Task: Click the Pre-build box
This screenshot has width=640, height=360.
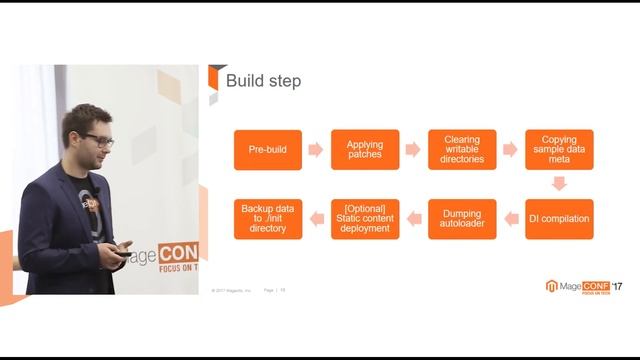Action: pos(268,150)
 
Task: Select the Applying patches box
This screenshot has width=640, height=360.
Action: pos(365,150)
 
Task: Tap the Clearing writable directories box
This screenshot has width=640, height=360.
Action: pos(462,150)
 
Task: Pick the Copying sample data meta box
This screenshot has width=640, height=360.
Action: pos(559,150)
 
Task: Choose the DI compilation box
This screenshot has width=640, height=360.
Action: pos(559,219)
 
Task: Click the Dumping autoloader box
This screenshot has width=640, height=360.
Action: pos(462,219)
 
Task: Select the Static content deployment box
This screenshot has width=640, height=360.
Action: pos(365,219)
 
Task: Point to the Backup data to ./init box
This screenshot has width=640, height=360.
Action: pos(268,219)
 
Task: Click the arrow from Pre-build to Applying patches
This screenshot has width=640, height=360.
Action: pos(316,150)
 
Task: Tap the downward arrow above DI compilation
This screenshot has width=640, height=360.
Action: pos(559,184)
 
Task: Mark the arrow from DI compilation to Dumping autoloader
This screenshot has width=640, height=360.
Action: pos(510,219)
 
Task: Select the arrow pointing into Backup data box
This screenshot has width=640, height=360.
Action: pos(316,219)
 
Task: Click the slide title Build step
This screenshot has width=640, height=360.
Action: pos(263,81)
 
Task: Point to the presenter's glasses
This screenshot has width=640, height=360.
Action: pos(98,140)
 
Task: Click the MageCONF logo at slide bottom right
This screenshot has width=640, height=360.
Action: pos(582,286)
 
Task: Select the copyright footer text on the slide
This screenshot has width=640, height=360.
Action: pos(230,291)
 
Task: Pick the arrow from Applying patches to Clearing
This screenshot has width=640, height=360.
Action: pos(413,150)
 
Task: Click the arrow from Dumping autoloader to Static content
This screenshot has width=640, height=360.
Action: pos(413,219)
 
